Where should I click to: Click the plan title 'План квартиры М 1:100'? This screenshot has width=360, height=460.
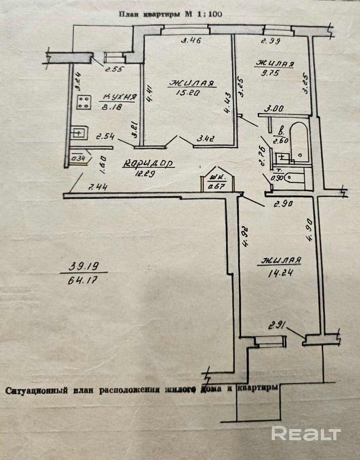[170, 14]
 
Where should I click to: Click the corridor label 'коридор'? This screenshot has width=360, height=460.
[149, 163]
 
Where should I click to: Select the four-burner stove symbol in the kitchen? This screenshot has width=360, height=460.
[84, 102]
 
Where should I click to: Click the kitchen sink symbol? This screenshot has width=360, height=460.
[78, 133]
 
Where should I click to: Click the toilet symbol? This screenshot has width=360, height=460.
[295, 177]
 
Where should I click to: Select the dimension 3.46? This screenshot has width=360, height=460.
[191, 40]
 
